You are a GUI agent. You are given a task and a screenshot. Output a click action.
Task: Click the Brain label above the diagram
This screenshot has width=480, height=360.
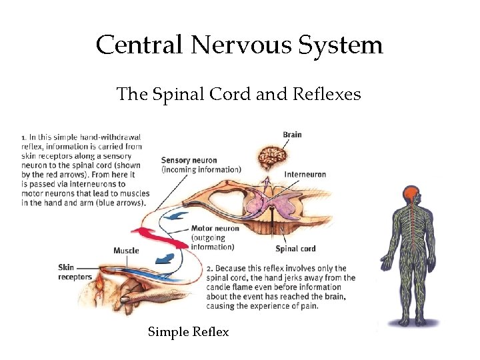[292, 135]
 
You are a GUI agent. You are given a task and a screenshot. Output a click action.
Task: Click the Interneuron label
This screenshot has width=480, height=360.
[305, 175]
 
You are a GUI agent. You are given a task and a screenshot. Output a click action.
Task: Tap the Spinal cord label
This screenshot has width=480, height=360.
[295, 249]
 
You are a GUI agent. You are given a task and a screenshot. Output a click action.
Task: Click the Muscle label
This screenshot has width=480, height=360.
[126, 251]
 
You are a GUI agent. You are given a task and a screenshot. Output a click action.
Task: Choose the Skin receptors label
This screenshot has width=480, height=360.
[75, 272]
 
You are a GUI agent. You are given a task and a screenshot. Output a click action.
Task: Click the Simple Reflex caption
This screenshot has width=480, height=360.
[188, 332]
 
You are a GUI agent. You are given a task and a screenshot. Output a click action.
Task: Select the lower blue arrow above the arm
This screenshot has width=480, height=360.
[164, 259]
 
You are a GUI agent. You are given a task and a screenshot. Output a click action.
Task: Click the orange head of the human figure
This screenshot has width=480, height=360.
[411, 195]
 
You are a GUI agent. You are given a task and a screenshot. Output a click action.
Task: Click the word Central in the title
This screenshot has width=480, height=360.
[139, 45]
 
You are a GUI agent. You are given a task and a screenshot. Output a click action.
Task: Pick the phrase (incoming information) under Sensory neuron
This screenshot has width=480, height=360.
[201, 169]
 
